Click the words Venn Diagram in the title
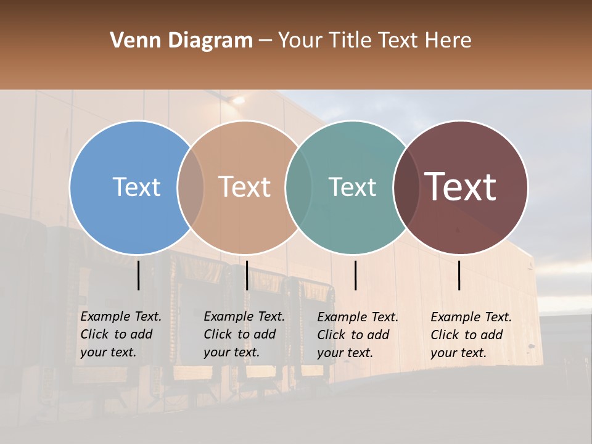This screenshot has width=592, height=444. (x=181, y=41)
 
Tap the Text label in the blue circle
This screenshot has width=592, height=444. (x=136, y=187)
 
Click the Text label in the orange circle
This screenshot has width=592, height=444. (x=244, y=187)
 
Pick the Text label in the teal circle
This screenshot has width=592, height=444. (x=352, y=187)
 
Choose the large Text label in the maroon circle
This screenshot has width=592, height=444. (x=461, y=187)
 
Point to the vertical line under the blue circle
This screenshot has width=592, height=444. (x=138, y=275)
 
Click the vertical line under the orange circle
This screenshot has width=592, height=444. (x=247, y=275)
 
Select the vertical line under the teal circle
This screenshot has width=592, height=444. (x=355, y=275)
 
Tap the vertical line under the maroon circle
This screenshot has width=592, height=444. (x=459, y=275)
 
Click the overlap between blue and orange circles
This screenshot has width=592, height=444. (x=191, y=187)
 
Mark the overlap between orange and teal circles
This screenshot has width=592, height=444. (x=298, y=187)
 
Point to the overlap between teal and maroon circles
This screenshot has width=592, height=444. (x=406, y=187)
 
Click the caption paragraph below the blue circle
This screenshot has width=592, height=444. (x=121, y=334)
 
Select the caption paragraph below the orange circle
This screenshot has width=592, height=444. (x=244, y=334)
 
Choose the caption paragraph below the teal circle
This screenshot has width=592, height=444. (x=358, y=335)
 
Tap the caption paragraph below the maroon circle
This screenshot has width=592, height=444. (x=471, y=335)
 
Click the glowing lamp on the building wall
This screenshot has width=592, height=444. (x=237, y=99)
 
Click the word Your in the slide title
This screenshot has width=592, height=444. (x=300, y=41)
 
